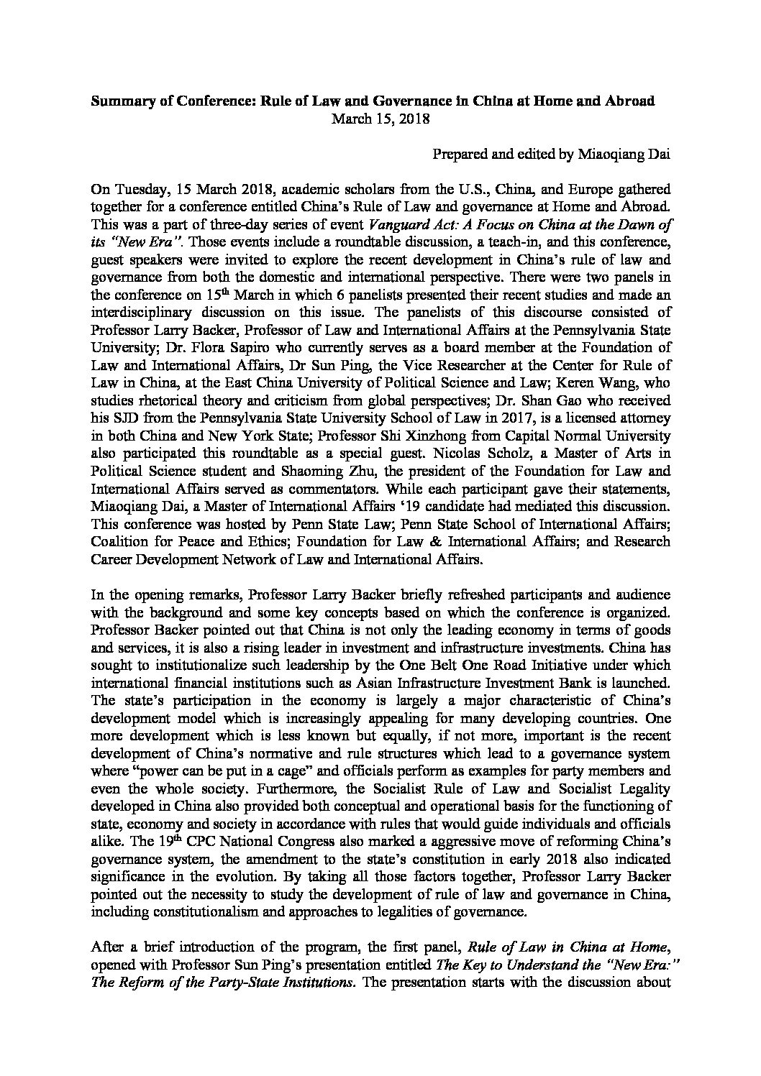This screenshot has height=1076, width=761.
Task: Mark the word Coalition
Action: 120,540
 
